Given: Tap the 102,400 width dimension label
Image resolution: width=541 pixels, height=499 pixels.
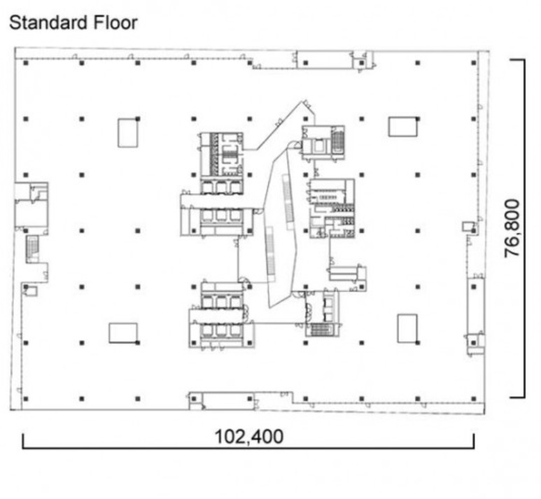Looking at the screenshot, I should (248, 437).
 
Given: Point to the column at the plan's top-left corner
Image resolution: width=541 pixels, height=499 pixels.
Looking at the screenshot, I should (25, 63).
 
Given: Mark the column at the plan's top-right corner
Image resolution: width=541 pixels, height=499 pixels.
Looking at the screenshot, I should (474, 63).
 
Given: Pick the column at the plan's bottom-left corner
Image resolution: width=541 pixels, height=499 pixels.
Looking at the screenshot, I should (25, 399).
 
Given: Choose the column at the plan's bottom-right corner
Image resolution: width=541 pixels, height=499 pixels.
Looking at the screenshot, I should (474, 399).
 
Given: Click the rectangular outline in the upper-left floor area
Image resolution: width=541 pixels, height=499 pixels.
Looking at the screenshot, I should (127, 133).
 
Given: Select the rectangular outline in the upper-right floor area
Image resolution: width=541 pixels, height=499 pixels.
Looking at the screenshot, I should (403, 127).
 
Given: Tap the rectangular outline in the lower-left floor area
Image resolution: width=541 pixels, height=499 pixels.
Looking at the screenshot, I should (123, 333).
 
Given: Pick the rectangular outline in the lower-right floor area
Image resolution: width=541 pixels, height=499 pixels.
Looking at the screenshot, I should (407, 328).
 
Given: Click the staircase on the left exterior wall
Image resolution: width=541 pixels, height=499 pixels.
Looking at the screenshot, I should (32, 249).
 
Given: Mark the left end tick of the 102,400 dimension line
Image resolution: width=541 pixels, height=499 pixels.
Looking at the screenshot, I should (24, 441).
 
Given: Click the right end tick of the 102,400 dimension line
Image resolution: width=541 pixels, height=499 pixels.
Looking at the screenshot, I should (474, 441).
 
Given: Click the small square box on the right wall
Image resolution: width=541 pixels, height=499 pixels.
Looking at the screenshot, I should (468, 226).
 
